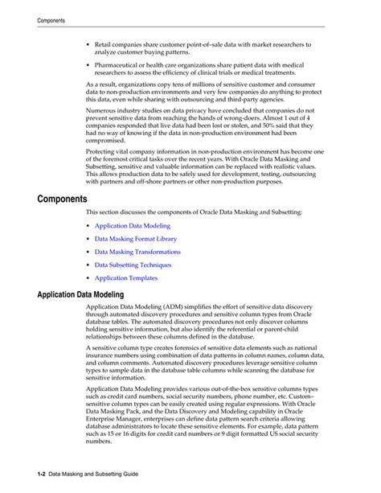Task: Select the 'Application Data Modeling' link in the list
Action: click(132, 227)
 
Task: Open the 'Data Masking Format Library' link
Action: click(135, 240)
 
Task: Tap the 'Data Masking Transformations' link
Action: click(137, 253)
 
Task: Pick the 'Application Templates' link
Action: click(125, 278)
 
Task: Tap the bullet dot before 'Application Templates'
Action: click(87, 278)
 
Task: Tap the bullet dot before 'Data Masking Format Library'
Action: click(87, 240)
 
